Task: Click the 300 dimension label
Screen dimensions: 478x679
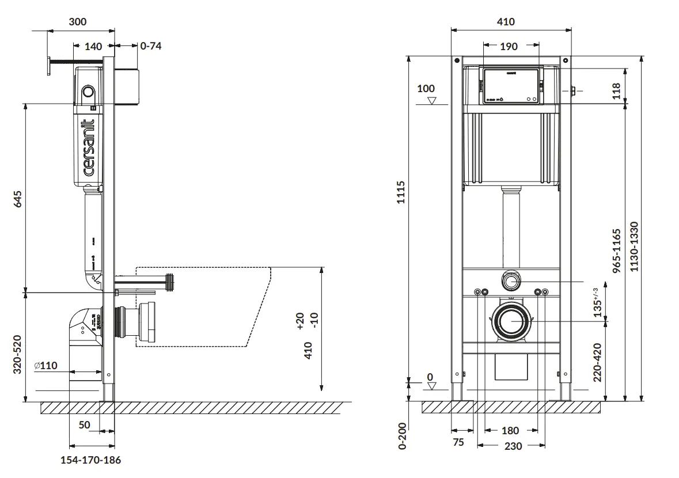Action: pyautogui.click(x=77, y=22)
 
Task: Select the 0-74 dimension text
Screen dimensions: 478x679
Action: pyautogui.click(x=151, y=46)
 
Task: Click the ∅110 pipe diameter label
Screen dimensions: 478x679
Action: pyautogui.click(x=47, y=365)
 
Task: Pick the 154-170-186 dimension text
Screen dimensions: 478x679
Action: pyautogui.click(x=91, y=460)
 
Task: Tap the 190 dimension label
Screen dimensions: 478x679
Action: pyautogui.click(x=509, y=47)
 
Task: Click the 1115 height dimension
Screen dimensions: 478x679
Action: pyautogui.click(x=401, y=193)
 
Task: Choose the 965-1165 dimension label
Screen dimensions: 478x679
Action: pyautogui.click(x=616, y=251)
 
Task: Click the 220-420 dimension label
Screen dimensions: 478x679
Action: pyautogui.click(x=597, y=362)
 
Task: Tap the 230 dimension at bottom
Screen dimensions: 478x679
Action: pyautogui.click(x=513, y=446)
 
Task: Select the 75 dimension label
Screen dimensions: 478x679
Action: pyautogui.click(x=458, y=443)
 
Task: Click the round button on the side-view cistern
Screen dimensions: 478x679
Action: pyautogui.click(x=88, y=92)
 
